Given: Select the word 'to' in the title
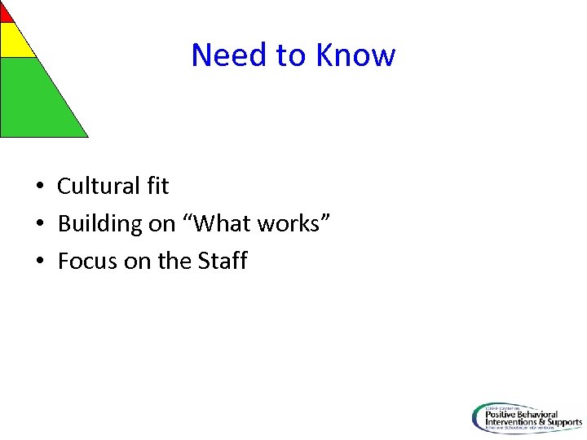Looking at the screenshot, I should (x=290, y=55).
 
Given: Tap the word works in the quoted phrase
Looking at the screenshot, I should (x=293, y=223).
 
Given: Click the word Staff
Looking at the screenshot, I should (x=223, y=261).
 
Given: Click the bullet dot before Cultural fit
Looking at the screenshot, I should (x=39, y=187).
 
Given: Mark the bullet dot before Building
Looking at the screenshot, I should (x=39, y=224).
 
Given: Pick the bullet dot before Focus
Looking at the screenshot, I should (x=39, y=262).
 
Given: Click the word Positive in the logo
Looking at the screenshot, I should (x=502, y=413).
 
